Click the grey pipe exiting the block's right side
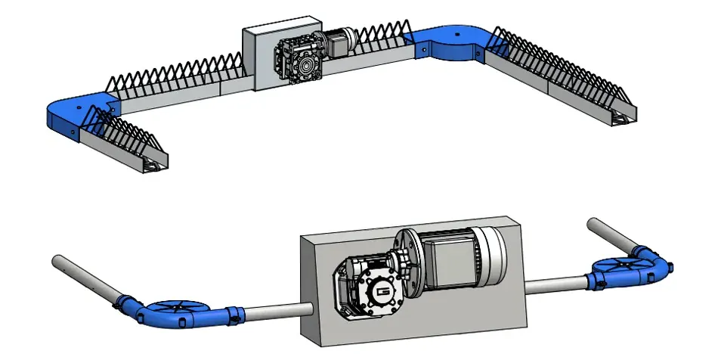[556, 284]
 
